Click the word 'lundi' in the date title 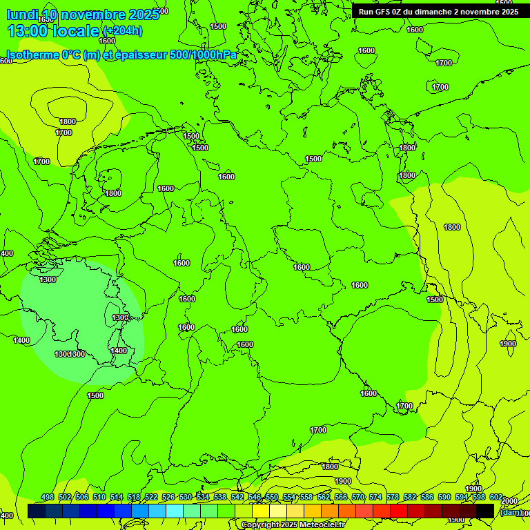click(22, 15)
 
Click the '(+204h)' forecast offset click(122, 31)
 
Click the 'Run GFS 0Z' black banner click(438, 12)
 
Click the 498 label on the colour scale click(48, 498)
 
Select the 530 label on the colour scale click(186, 498)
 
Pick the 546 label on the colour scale click(255, 498)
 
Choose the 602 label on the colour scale click(496, 498)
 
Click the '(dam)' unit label click(511, 511)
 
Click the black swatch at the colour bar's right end click(485, 511)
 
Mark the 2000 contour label click(509, 501)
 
